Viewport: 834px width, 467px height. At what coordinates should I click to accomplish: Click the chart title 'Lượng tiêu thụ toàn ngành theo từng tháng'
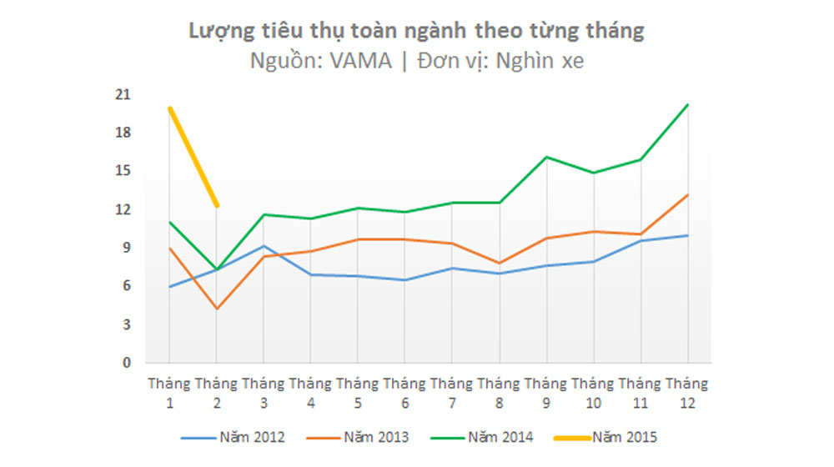pos(417,31)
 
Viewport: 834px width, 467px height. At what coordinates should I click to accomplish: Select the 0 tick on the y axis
pos(127,363)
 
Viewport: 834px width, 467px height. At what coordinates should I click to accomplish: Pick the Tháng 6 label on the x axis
pos(404,393)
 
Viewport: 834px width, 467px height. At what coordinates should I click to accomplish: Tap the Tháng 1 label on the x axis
pos(169,393)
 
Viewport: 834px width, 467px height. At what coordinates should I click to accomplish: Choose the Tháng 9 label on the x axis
pos(545,393)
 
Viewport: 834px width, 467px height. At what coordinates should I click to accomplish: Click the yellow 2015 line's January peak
pos(169,108)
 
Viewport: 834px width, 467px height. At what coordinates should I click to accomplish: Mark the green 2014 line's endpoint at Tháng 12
pos(687,104)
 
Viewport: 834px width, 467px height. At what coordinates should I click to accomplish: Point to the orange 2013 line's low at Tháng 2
pos(217,309)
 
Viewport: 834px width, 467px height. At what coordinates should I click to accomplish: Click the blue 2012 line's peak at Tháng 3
pos(264,246)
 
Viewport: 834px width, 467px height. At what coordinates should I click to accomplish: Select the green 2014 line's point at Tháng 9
pos(545,157)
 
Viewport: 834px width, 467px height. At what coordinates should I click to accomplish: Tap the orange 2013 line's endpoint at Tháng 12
pos(687,195)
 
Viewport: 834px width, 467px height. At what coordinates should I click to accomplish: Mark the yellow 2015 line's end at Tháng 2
pos(217,205)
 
